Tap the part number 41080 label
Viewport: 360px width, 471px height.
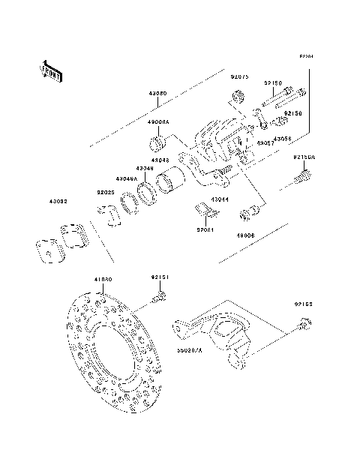103,279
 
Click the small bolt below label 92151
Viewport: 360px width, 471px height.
158,300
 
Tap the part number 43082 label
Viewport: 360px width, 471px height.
58,200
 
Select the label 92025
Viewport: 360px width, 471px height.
105,192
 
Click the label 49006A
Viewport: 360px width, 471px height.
158,121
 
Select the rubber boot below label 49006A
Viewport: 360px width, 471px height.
158,142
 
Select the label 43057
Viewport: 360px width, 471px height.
265,142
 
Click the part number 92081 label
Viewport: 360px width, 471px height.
206,231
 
